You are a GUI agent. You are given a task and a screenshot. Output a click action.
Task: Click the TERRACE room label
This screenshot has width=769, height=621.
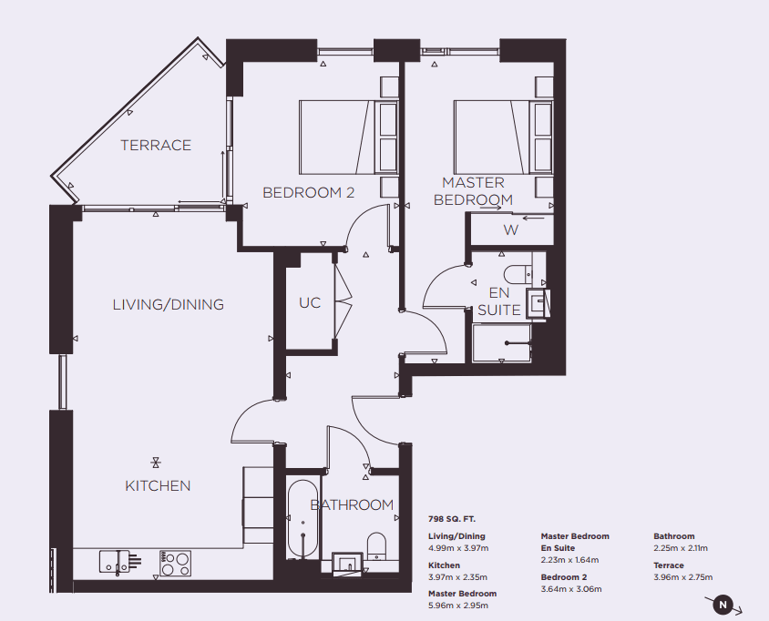(156, 145)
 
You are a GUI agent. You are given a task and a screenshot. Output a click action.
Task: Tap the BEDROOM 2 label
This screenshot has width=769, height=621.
(309, 193)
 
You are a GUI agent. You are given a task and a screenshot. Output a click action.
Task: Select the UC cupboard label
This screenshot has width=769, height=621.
(310, 303)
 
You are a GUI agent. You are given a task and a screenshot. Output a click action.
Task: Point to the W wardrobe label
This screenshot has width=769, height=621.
(510, 229)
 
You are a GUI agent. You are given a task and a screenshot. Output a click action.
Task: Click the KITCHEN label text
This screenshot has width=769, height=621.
(158, 485)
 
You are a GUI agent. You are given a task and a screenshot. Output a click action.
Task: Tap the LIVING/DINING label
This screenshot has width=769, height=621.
(169, 304)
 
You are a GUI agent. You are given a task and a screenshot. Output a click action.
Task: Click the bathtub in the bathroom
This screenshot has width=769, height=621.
(303, 519)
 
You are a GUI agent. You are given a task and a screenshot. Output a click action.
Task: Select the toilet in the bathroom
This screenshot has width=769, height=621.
(376, 546)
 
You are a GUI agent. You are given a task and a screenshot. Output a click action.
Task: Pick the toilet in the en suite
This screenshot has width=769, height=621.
(518, 275)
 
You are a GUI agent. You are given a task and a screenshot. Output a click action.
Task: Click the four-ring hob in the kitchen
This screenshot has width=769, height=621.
(175, 564)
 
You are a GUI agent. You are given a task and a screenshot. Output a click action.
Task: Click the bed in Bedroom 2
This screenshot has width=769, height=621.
(349, 137)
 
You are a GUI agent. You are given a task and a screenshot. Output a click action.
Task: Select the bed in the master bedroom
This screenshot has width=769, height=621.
(504, 137)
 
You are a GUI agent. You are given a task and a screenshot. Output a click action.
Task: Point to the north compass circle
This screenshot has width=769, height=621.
(723, 605)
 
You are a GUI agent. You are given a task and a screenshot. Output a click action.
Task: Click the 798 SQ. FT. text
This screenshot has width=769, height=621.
(452, 519)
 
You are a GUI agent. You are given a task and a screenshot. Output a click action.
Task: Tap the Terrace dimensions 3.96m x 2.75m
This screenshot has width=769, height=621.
(682, 577)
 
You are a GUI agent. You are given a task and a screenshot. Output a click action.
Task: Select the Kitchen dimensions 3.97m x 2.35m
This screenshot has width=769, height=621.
(457, 577)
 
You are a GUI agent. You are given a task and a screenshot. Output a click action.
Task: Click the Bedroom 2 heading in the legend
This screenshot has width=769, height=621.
(564, 577)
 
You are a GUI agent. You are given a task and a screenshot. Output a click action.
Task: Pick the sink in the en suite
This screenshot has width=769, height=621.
(538, 303)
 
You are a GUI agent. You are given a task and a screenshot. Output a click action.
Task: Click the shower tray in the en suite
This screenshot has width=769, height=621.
(501, 343)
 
